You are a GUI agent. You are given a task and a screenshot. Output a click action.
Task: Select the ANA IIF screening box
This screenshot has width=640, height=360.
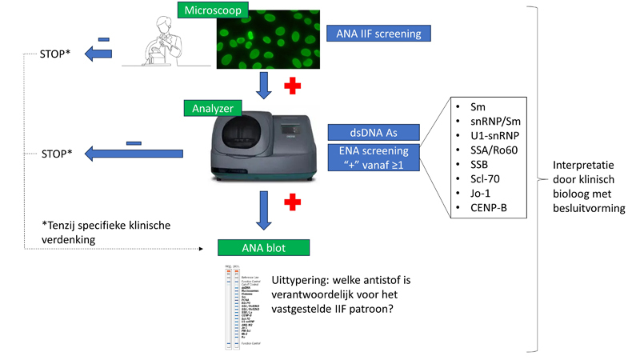click(x=379, y=33)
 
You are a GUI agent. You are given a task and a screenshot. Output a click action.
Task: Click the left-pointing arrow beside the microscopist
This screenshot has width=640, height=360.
click(x=102, y=54)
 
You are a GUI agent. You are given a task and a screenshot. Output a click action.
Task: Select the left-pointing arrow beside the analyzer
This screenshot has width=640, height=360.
click(x=133, y=151)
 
